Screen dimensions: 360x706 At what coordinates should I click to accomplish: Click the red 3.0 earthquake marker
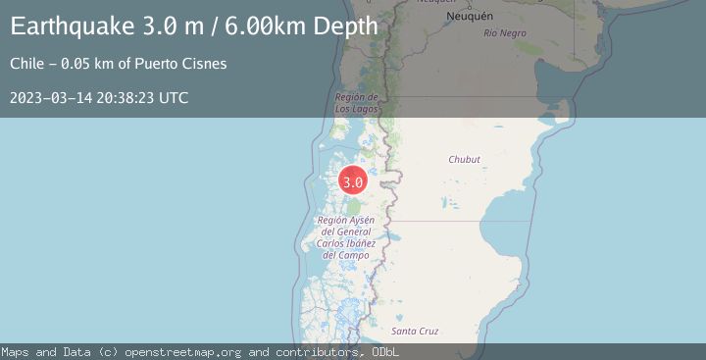(353, 181)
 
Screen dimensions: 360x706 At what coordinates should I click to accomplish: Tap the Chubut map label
(464, 159)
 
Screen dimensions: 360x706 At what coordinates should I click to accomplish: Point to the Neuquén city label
(470, 18)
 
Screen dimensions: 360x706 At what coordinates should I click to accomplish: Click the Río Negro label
(505, 33)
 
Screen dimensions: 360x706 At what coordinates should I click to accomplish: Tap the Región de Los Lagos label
(356, 102)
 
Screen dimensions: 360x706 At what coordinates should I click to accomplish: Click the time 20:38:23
(126, 98)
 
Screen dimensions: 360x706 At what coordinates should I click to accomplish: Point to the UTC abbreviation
(174, 98)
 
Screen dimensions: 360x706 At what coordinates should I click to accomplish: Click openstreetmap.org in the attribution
(186, 351)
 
